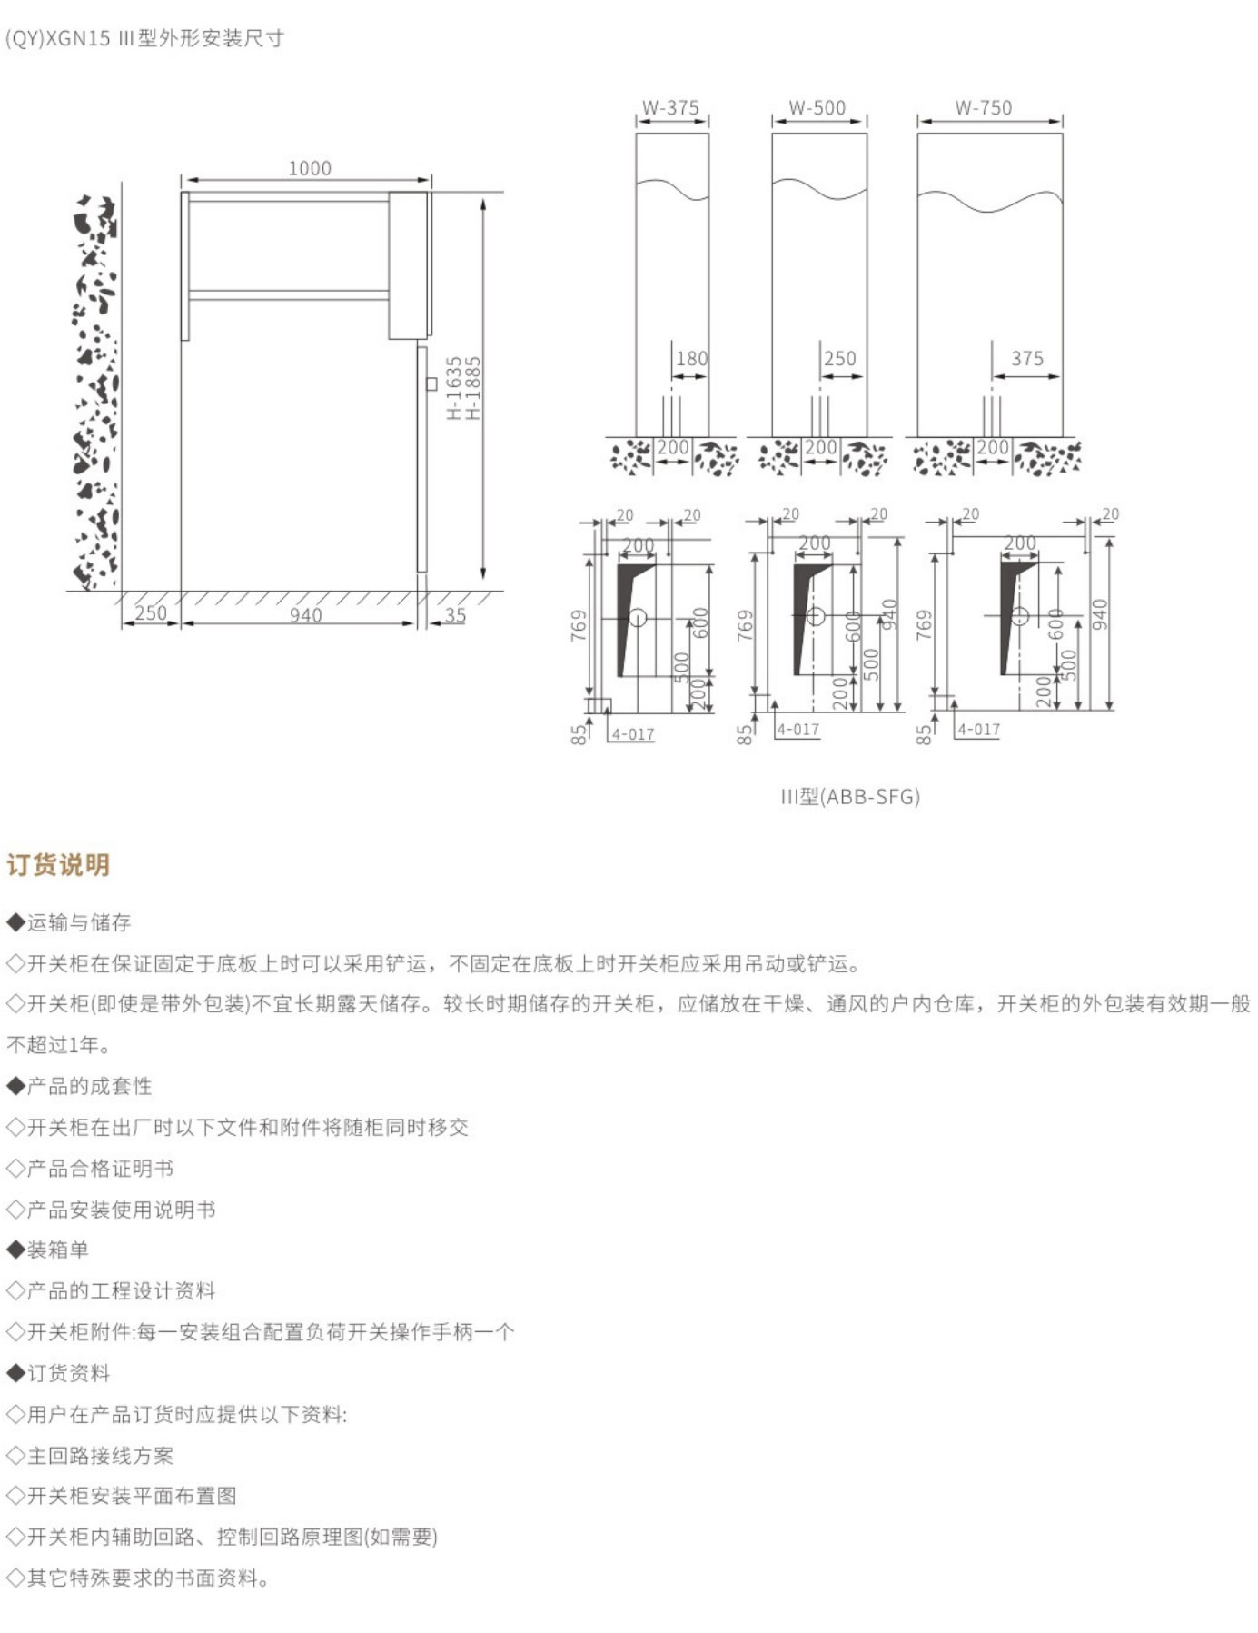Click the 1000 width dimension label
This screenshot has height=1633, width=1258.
tap(310, 168)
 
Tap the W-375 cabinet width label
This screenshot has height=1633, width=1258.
tap(670, 107)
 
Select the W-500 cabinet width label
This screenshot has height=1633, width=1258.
tap(817, 107)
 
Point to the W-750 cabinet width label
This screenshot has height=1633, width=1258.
tap(983, 107)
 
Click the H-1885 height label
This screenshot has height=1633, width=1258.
tap(473, 387)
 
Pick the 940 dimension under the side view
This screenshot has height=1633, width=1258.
tap(305, 615)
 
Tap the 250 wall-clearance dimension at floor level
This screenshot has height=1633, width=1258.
tap(151, 613)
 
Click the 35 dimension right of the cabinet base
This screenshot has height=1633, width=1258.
tap(455, 615)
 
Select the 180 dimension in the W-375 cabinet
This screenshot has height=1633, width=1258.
tap(691, 359)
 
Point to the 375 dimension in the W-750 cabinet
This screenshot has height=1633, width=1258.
tap(1027, 359)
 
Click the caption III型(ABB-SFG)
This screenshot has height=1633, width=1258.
tap(850, 797)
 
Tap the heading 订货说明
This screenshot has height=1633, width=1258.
tap(58, 864)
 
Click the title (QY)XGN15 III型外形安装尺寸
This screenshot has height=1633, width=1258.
tap(145, 38)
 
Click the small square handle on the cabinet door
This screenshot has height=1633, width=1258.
tap(431, 384)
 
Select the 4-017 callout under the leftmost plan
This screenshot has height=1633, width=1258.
tap(633, 734)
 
